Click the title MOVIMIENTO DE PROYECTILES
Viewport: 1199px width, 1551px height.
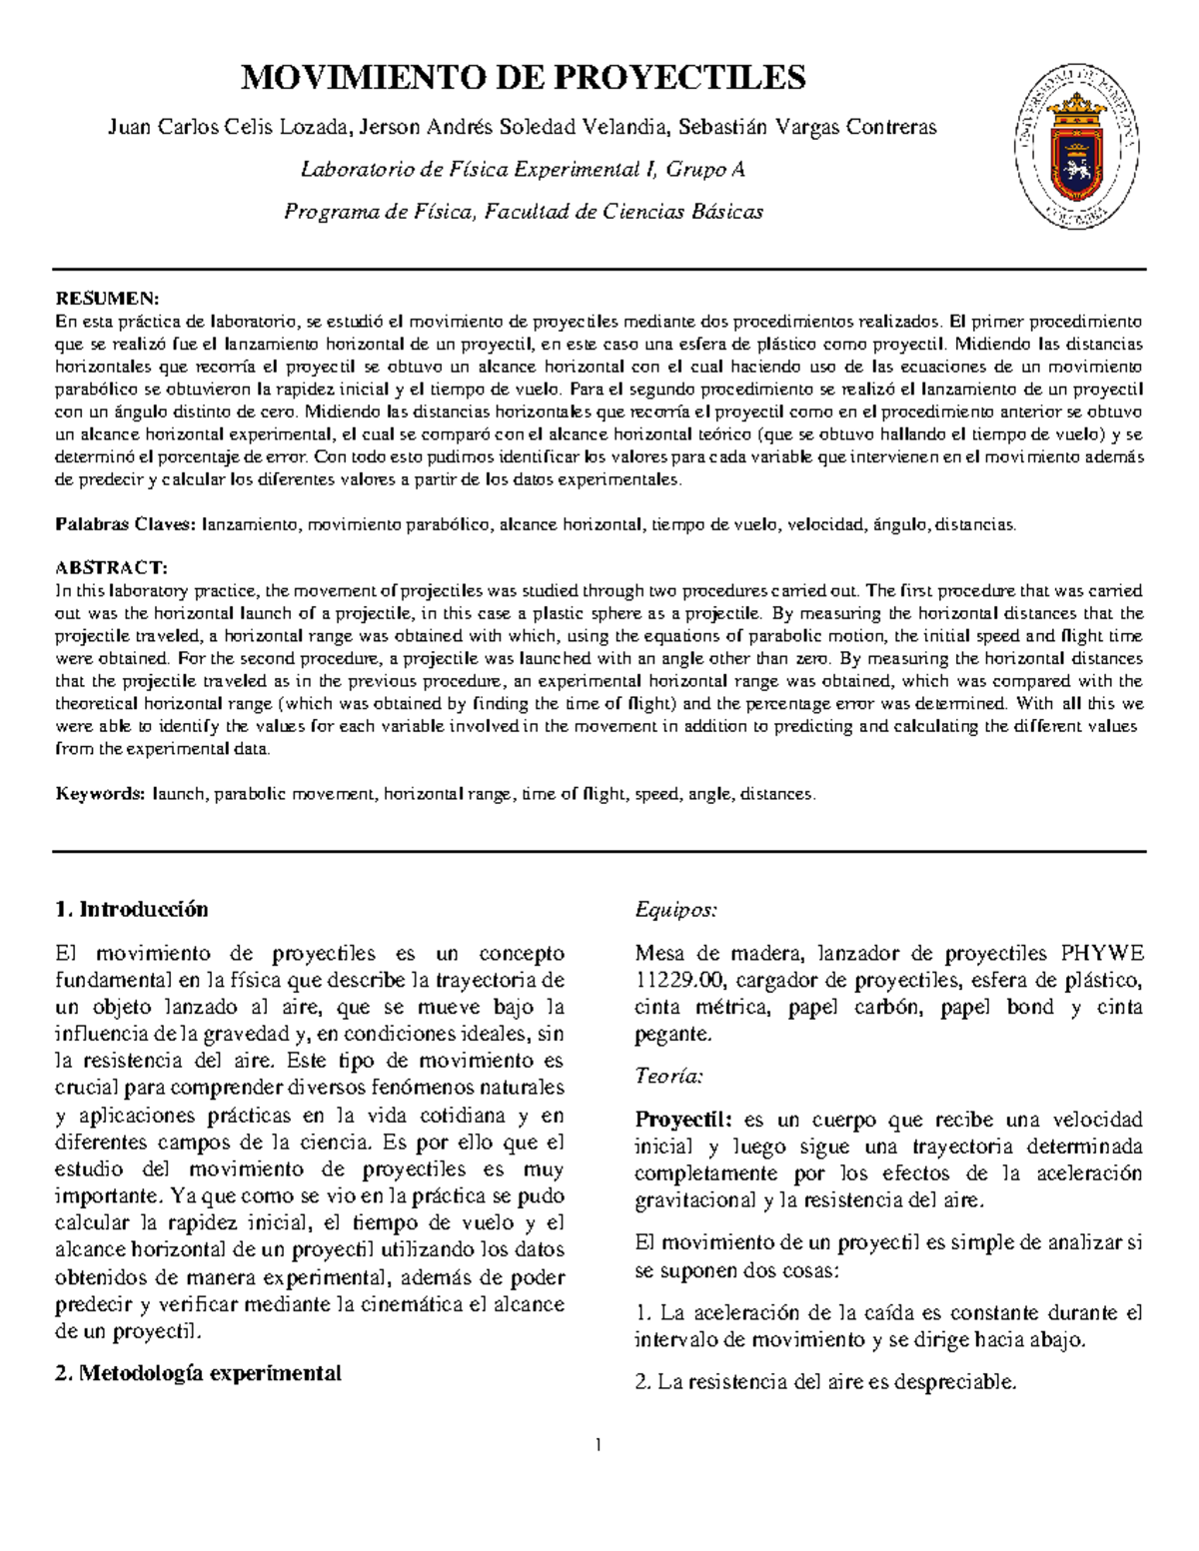[524, 77]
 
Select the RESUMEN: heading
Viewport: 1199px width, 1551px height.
[106, 300]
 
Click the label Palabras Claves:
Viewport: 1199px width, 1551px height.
[127, 524]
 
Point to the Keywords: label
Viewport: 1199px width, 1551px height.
[101, 794]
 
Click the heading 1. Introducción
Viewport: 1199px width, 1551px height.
[132, 909]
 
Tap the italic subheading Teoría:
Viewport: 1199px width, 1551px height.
[669, 1077]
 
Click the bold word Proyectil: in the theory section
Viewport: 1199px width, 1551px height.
[684, 1120]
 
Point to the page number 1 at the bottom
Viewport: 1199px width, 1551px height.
[599, 1445]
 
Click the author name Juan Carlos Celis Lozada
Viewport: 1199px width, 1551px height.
[229, 128]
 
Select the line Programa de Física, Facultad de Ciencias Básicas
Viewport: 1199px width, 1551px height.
[524, 212]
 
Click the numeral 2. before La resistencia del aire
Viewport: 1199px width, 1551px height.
[642, 1383]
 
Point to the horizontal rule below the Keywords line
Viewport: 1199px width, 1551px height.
[599, 852]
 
